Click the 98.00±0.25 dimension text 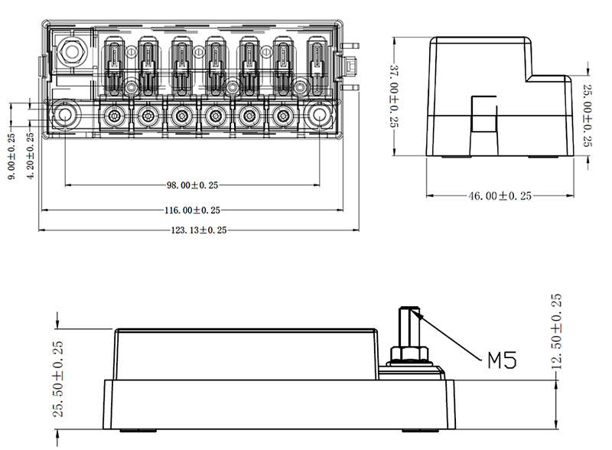point(193,185)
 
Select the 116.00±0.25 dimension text point(192,210)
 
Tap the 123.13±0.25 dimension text point(199,230)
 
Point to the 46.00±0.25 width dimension point(500,196)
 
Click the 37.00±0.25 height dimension point(394,96)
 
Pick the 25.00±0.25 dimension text point(588,116)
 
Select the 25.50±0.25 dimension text point(58,379)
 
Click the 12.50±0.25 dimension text point(556,331)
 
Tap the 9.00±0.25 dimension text point(11,156)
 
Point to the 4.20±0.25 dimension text point(30,155)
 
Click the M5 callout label point(503,360)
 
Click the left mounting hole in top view point(64,115)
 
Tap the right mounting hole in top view point(319,115)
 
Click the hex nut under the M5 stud point(409,354)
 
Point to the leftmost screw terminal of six point(114,116)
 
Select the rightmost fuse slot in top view point(317,66)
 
